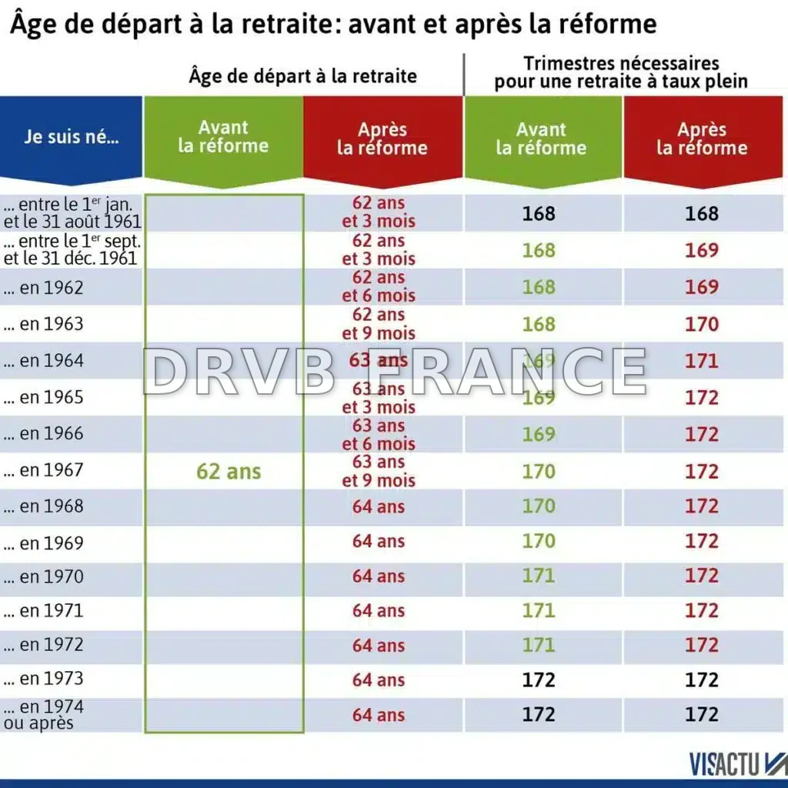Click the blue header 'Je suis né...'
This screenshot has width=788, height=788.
[71, 140]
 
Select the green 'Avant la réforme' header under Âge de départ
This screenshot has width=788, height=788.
[223, 137]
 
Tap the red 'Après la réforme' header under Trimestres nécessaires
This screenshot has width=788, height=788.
[702, 139]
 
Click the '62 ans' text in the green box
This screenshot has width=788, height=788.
[229, 471]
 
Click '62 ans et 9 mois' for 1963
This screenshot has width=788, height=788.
[379, 324]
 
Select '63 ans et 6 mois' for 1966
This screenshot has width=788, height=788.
[379, 435]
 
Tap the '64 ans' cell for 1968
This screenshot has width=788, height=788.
[379, 506]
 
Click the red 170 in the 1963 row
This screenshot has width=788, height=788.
[702, 324]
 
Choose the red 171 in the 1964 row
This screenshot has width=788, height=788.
[702, 361]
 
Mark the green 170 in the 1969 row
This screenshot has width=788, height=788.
[539, 541]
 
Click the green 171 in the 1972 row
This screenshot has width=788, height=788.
[539, 645]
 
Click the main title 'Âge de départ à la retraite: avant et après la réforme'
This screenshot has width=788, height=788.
[333, 25]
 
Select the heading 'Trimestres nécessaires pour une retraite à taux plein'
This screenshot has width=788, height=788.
[621, 72]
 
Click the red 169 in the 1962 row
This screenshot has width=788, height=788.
[702, 287]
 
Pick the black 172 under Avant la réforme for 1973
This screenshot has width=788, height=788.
[539, 679]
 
